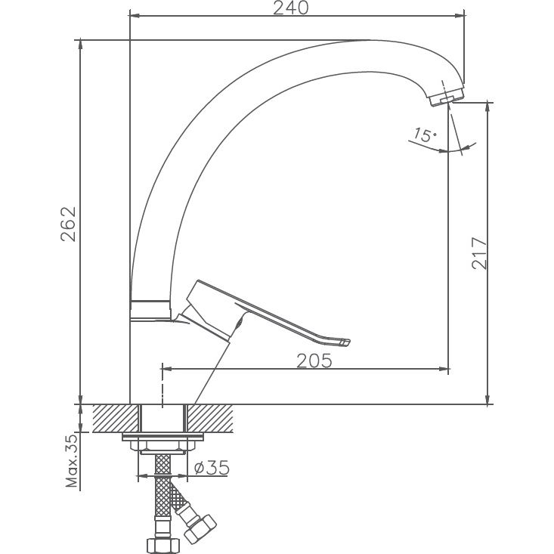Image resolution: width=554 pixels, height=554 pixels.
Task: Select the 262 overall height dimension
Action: (68, 224)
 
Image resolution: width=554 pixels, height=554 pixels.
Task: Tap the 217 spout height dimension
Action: (478, 253)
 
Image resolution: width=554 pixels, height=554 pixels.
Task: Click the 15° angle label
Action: (424, 136)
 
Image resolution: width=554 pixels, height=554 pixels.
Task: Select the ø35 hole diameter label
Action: (212, 468)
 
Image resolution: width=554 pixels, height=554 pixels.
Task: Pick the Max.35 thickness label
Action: (71, 460)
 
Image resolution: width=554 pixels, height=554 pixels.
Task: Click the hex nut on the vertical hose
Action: (162, 545)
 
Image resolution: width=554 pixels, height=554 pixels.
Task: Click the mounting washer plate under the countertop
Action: (162, 438)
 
